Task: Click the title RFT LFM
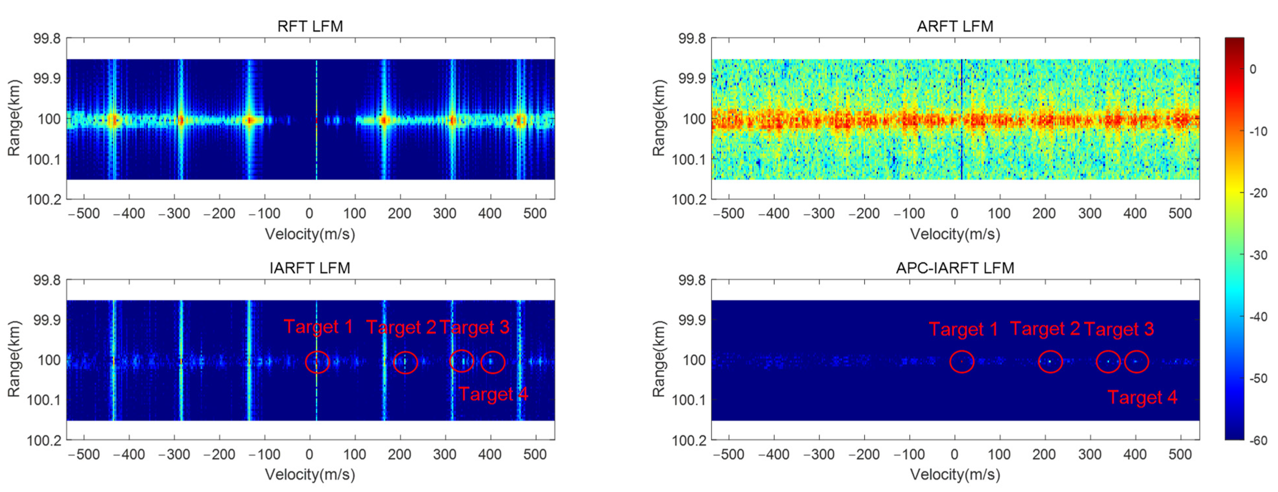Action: click(x=310, y=26)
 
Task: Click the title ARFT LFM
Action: click(x=955, y=26)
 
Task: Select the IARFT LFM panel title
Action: click(x=310, y=268)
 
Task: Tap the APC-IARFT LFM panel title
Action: click(x=955, y=268)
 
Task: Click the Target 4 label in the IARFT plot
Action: click(x=493, y=394)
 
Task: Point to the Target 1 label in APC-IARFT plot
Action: click(x=963, y=329)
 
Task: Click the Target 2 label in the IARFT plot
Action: click(x=401, y=327)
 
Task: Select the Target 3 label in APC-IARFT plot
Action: click(x=1119, y=329)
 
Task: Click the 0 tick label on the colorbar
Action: click(x=1253, y=69)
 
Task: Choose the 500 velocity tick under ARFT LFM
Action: click(x=1180, y=214)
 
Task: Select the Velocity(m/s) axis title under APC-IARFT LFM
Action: click(x=955, y=475)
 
